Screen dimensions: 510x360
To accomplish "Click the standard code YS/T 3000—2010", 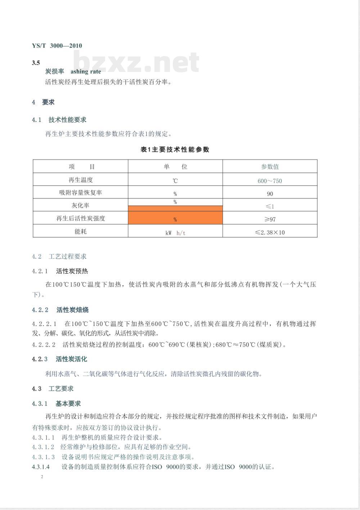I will pos(57,46).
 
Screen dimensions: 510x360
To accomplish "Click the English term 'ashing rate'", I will pos(86,72).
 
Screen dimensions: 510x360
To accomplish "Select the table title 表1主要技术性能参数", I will pos(175,150).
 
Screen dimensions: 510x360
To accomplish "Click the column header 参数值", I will pos(270,167).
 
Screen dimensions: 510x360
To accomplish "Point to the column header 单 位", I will pos(175,167).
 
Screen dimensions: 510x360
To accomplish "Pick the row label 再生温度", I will pos(81,180).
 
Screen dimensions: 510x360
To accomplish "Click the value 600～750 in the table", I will pos(270,181).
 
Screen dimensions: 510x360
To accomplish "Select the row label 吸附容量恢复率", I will pos(81,193).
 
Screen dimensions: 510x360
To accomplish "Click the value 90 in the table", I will pos(270,194).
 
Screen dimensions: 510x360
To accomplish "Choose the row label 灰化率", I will pos(81,206).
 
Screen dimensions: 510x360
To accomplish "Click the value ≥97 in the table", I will pos(270,219).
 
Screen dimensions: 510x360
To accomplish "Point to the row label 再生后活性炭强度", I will pos(81,219).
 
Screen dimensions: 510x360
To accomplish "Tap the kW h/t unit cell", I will pos(175,233).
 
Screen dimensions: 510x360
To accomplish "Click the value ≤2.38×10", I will pos(270,233).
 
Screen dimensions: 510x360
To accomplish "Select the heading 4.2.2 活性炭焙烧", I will pos(60,310).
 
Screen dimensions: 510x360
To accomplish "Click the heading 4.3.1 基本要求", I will pos(56,404).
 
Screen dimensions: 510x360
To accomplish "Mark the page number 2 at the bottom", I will pos(42,477).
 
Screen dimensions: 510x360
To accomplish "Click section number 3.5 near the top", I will pos(36,63).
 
